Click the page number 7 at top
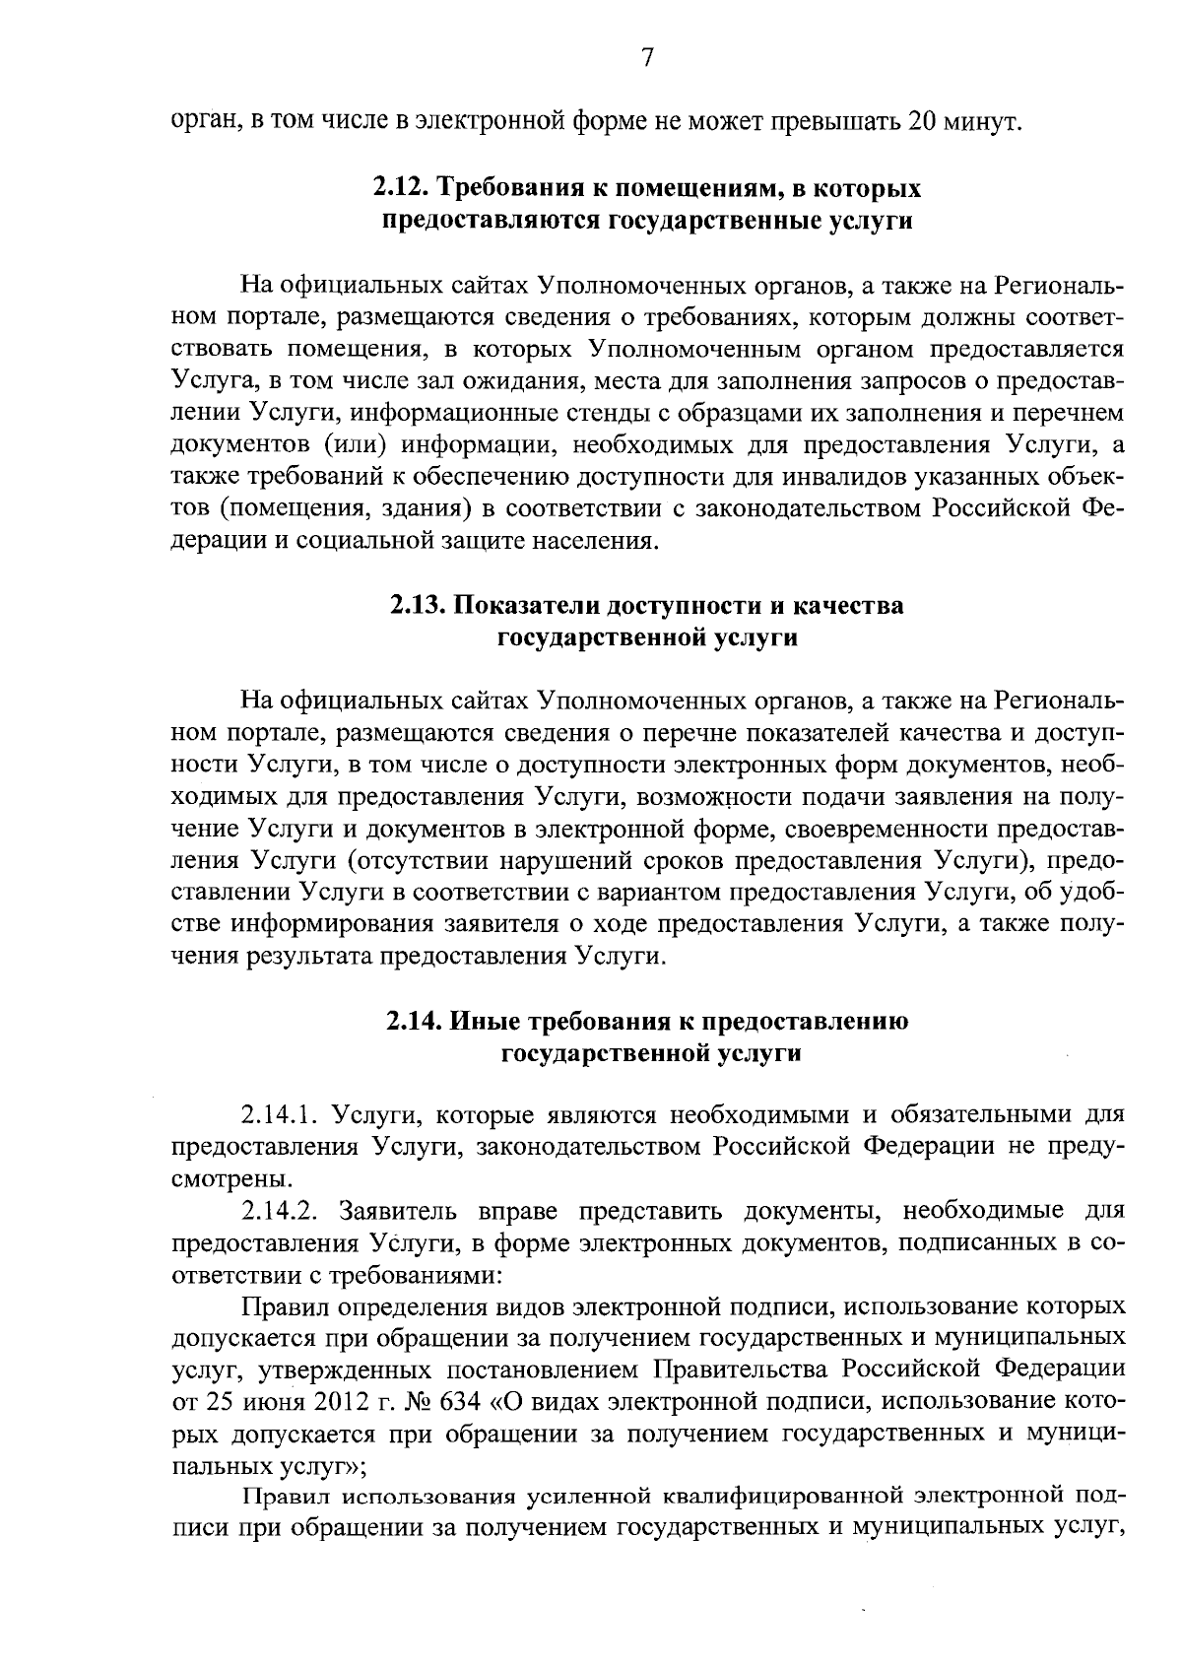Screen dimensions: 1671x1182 tap(647, 58)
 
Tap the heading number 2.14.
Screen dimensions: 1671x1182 tap(414, 1022)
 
